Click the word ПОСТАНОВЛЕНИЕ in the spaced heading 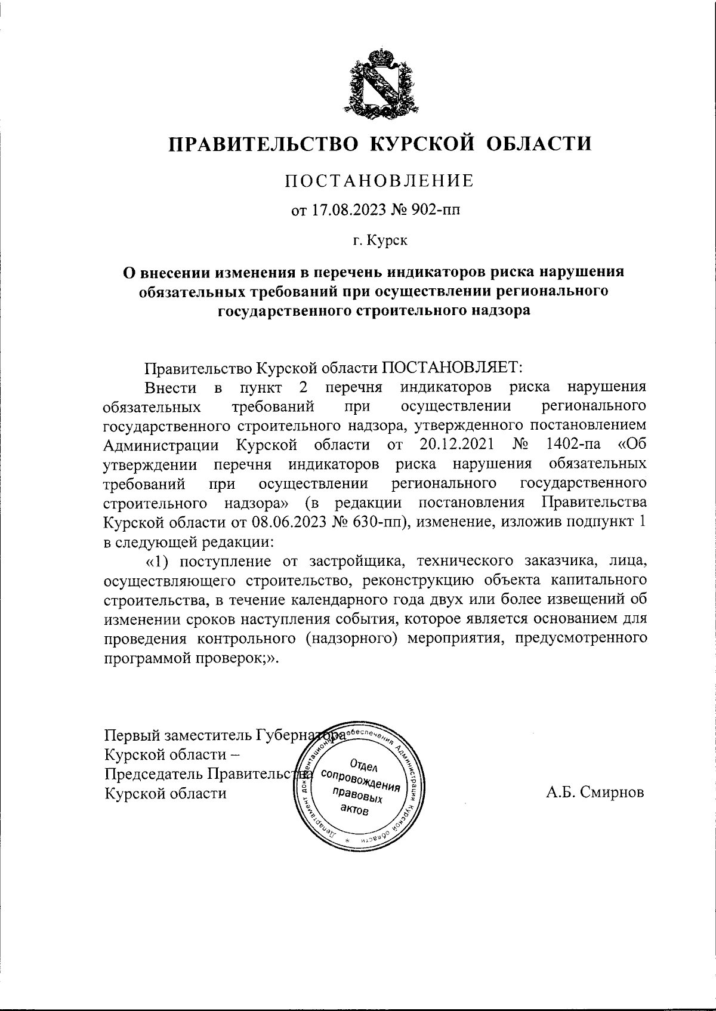point(379,180)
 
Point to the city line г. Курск point(379,241)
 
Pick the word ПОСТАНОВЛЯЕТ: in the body point(452,367)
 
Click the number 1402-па point(577,445)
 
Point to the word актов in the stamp point(354,809)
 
